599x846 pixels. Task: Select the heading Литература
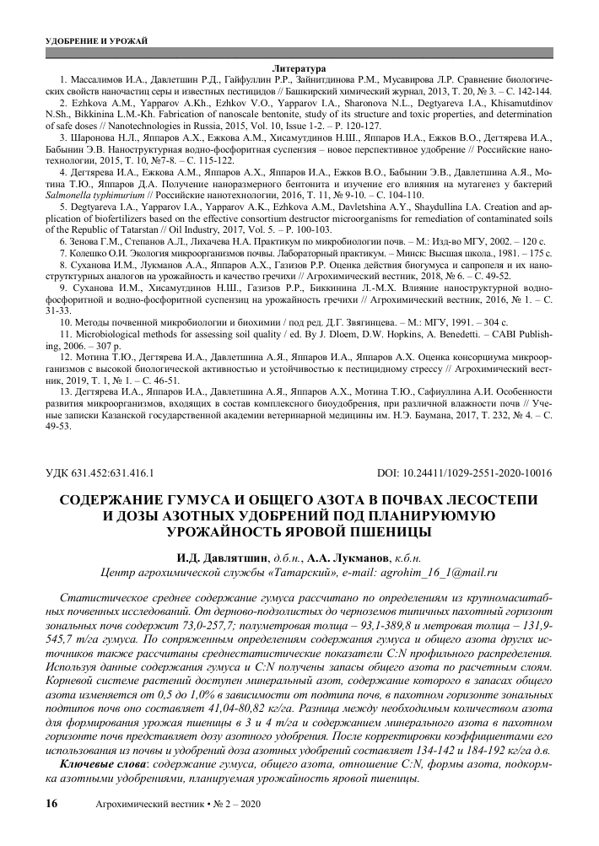pos(299,67)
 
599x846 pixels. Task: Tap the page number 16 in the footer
pos(50,805)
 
